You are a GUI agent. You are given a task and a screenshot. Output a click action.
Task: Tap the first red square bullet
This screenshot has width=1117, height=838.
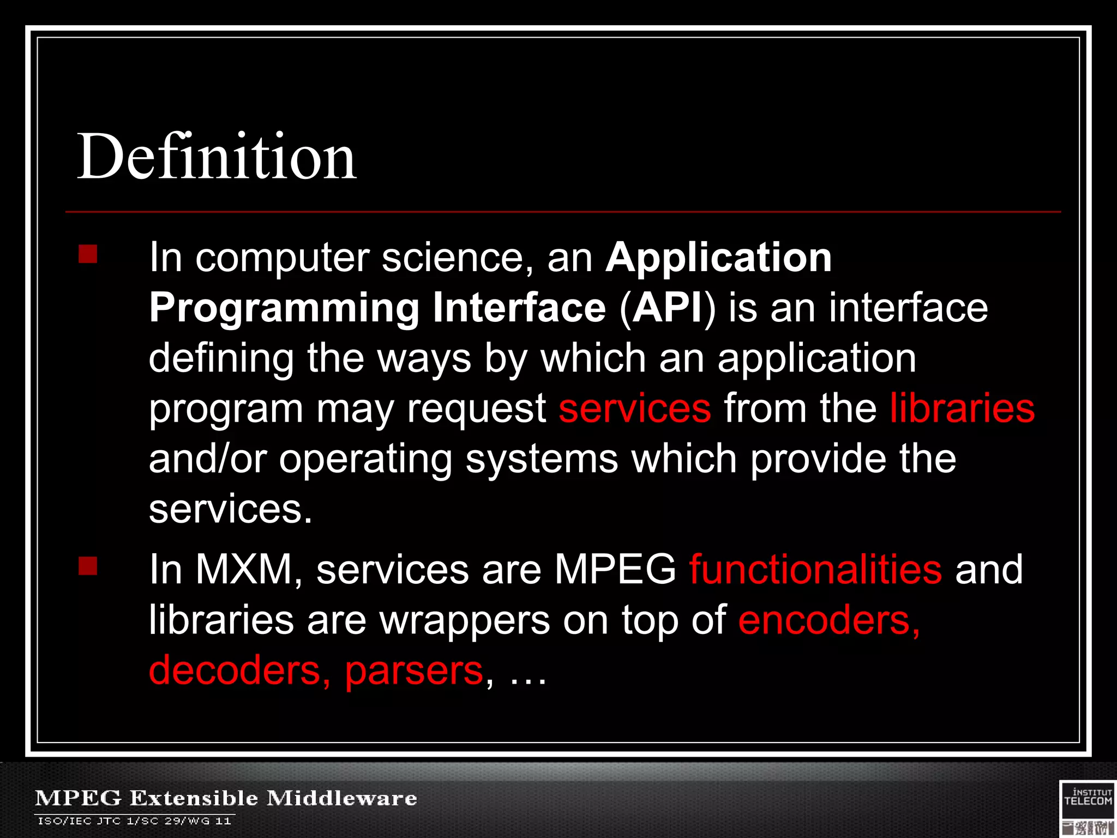coord(88,254)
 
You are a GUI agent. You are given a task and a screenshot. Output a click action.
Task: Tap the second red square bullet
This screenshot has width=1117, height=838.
coord(88,566)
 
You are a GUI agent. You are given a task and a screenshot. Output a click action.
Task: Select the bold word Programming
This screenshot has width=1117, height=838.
coord(284,308)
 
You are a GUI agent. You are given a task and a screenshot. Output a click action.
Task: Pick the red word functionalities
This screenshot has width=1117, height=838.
coord(815,569)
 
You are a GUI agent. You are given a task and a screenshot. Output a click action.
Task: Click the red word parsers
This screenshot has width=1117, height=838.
coord(414,671)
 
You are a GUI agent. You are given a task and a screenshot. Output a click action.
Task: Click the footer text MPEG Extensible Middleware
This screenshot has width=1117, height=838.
coord(226,798)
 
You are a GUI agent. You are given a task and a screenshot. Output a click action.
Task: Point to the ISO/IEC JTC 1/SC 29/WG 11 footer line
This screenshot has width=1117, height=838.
coord(134,821)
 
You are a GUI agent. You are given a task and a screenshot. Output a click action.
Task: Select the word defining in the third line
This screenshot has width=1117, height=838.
coord(221,359)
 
